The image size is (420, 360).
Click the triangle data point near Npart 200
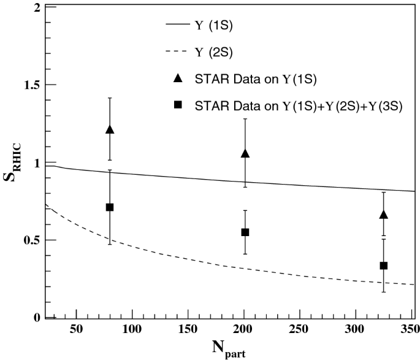[245, 153]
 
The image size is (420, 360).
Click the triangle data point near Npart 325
[384, 214]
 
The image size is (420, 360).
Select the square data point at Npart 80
[110, 207]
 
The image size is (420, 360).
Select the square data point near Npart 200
[245, 232]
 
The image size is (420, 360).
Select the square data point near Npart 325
[384, 266]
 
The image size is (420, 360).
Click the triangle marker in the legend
[178, 78]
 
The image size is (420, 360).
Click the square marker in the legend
[178, 105]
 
